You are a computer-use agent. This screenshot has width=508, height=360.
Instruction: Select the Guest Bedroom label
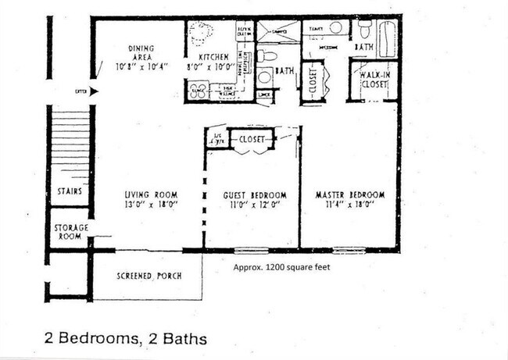(x=255, y=194)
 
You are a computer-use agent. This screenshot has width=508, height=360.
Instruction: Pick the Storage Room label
(x=70, y=232)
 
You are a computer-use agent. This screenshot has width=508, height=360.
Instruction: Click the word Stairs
(x=70, y=191)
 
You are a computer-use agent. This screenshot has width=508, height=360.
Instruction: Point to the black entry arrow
(x=94, y=92)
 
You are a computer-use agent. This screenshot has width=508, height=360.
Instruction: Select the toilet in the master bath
(x=365, y=30)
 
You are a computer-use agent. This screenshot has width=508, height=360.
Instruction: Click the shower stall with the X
(x=278, y=32)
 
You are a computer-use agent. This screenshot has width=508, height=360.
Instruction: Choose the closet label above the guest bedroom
(x=251, y=139)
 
